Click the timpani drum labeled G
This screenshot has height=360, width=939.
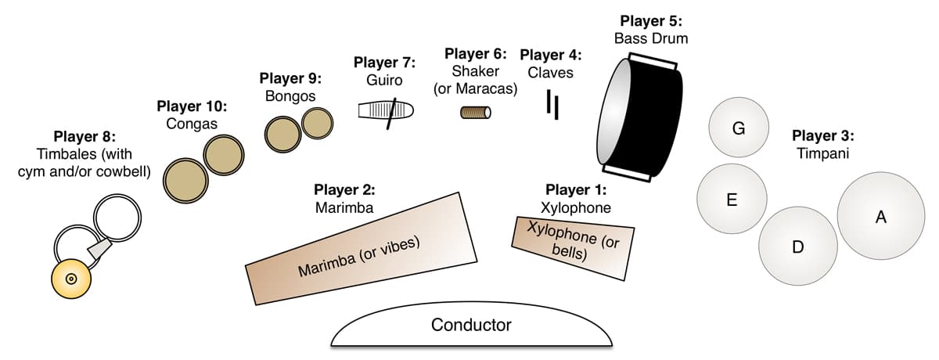click(738, 128)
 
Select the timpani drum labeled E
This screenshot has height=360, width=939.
click(732, 199)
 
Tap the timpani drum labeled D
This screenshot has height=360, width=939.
click(797, 246)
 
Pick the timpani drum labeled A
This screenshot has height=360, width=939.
click(880, 218)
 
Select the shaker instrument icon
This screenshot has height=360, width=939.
click(475, 113)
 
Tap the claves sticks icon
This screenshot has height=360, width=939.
click(552, 105)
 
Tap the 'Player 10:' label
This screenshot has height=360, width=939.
click(192, 106)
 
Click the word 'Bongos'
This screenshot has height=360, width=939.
click(290, 96)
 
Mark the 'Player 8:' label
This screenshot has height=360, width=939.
click(85, 138)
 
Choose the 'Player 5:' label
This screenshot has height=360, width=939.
click(651, 20)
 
